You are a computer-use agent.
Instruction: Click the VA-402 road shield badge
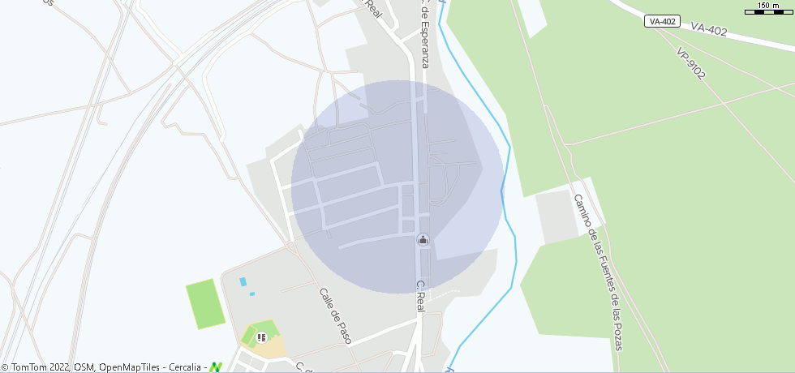[663, 22]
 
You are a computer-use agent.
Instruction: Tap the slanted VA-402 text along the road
[709, 30]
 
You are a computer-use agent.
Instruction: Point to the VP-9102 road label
[691, 63]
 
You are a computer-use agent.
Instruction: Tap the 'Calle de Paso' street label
[335, 315]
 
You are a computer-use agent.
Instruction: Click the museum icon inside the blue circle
[423, 240]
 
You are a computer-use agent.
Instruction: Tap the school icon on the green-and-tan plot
[261, 337]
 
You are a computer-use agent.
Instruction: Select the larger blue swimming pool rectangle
[243, 281]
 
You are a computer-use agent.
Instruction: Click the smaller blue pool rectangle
[251, 293]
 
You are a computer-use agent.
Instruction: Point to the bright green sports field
[205, 304]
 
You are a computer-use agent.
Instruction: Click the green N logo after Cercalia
[216, 367]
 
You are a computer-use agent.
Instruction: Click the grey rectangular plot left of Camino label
[558, 216]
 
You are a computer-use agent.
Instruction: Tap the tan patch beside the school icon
[274, 347]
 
